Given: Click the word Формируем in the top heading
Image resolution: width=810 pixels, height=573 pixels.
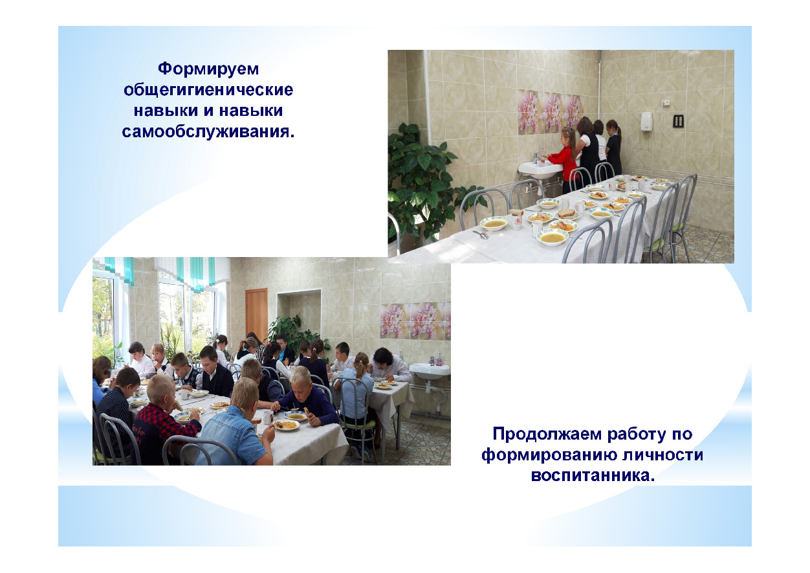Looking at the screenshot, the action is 208,69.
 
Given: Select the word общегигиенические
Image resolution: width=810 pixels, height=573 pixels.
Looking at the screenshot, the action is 208,90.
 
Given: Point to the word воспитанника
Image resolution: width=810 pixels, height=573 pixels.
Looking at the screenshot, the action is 593,475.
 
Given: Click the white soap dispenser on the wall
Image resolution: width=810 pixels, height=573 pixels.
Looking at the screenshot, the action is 646,121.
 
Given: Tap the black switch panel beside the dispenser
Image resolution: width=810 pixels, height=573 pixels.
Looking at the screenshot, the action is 678,121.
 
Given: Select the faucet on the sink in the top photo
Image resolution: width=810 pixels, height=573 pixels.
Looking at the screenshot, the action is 536,157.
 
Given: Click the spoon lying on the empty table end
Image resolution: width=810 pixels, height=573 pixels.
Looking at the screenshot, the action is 481,234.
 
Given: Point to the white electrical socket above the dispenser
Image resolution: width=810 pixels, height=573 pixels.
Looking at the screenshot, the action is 665,103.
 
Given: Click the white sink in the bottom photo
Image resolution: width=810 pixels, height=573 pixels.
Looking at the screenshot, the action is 430,371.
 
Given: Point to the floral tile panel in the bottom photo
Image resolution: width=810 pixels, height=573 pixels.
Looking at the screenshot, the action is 415,321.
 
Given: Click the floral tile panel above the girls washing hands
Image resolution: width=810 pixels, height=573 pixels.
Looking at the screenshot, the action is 549,111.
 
